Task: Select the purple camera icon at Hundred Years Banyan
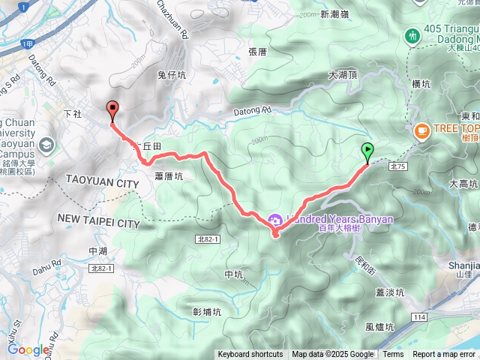[x=274, y=220]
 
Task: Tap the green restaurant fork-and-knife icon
[x=412, y=35]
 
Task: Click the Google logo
[x=28, y=349]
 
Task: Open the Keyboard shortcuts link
[x=250, y=355]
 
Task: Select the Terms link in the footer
[x=393, y=355]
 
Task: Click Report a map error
[x=445, y=355]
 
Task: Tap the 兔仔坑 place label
[x=172, y=75]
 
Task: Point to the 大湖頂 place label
[x=343, y=75]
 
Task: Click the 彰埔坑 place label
[x=207, y=311]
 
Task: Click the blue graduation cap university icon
[x=47, y=144]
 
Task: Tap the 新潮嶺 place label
[x=335, y=14]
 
